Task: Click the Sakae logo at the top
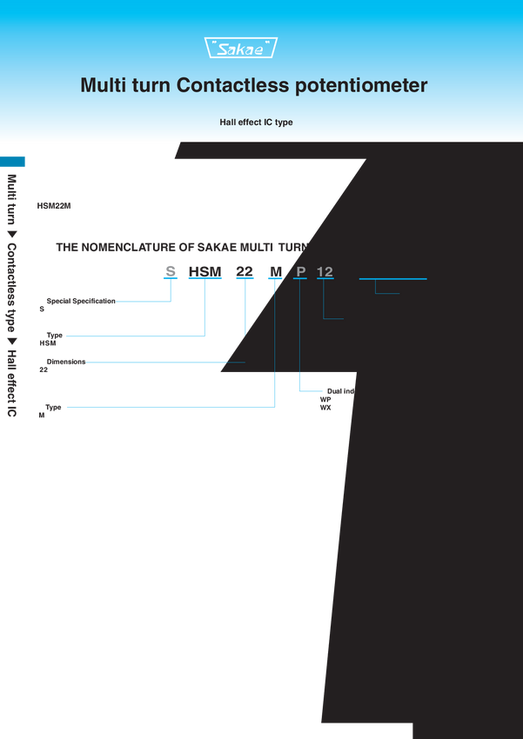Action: pyautogui.click(x=241, y=49)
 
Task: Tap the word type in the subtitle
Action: pyautogui.click(x=284, y=123)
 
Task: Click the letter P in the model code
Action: pyautogui.click(x=301, y=272)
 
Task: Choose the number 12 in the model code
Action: pyautogui.click(x=325, y=272)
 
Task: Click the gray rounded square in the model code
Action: pyautogui.click(x=171, y=271)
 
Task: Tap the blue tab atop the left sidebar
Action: pyautogui.click(x=16, y=162)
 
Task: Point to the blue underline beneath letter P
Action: pyautogui.click(x=300, y=280)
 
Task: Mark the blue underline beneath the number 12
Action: pyautogui.click(x=325, y=280)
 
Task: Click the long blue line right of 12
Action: pyautogui.click(x=393, y=279)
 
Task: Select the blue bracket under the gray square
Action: pyautogui.click(x=171, y=281)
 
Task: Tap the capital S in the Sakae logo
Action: pyautogui.click(x=224, y=50)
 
